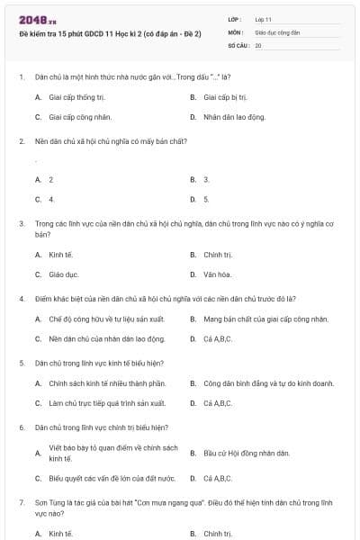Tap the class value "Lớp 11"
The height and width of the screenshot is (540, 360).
264,18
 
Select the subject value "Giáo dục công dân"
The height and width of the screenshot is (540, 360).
276,31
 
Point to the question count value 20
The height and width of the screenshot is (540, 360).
258,44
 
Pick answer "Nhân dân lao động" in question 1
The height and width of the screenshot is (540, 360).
234,117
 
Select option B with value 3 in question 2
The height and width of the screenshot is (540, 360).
206,180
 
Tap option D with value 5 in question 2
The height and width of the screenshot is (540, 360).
206,199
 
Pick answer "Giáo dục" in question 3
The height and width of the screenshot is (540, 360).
64,274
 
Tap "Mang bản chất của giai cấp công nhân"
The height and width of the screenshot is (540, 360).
265,319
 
